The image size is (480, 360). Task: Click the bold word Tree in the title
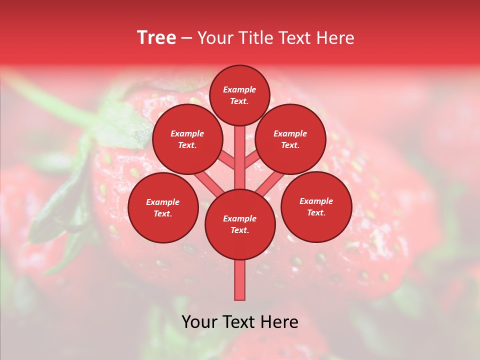pyautogui.click(x=156, y=38)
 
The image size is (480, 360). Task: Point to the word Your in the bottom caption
pyautogui.click(x=200, y=322)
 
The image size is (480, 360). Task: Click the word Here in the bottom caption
pyautogui.click(x=279, y=322)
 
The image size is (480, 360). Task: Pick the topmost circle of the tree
pyautogui.click(x=239, y=95)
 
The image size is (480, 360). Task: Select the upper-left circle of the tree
pyautogui.click(x=187, y=139)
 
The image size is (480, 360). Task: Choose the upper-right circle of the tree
pyautogui.click(x=290, y=139)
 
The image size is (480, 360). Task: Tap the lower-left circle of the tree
pyautogui.click(x=163, y=208)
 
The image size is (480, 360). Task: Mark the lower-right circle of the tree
pyautogui.click(x=316, y=207)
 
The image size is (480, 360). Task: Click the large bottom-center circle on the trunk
pyautogui.click(x=240, y=224)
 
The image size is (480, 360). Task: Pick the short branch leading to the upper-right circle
pyautogui.click(x=252, y=161)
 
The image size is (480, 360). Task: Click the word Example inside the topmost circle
pyautogui.click(x=239, y=89)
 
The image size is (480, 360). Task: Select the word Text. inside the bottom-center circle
pyautogui.click(x=239, y=230)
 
